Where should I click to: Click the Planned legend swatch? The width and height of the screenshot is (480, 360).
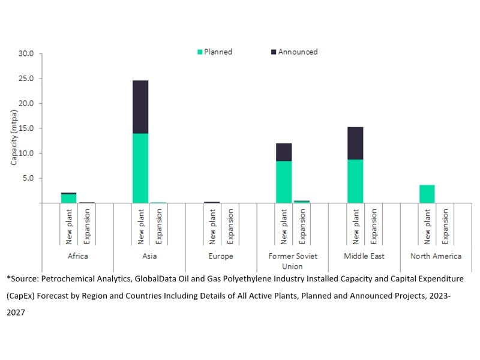point(200,52)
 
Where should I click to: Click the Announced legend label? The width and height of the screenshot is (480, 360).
point(298,52)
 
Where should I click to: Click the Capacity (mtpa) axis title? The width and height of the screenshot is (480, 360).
point(14,128)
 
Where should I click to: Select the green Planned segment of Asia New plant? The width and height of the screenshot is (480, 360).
point(140,168)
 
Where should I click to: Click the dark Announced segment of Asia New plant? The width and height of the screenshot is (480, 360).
point(140,107)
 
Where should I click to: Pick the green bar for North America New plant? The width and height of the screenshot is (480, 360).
point(427,194)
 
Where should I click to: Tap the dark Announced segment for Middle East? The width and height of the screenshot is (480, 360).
point(355,143)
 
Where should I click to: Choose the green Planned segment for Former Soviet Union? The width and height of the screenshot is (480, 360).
point(284,182)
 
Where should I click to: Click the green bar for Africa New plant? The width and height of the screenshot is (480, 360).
point(69,199)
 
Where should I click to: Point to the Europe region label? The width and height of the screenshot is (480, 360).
point(221,256)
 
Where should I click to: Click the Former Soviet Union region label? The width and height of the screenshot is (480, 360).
point(293,260)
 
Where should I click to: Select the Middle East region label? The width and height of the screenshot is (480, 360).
point(364,256)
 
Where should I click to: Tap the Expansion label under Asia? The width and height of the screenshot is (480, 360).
point(158,226)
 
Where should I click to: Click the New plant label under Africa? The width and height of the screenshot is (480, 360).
point(69,226)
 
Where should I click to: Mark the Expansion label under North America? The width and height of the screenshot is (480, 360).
point(445,226)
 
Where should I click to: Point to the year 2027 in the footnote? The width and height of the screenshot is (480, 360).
point(16,313)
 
